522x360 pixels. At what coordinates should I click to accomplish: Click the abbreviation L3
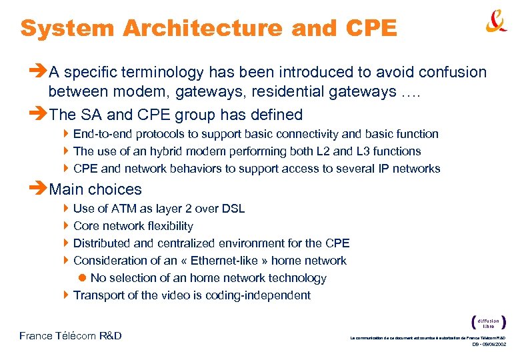pyautogui.click(x=364, y=151)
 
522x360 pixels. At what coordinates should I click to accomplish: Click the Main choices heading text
pyautogui.click(x=95, y=189)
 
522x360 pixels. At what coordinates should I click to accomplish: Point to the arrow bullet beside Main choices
pyautogui.click(x=39, y=189)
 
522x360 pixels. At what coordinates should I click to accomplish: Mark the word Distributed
pyautogui.click(x=101, y=243)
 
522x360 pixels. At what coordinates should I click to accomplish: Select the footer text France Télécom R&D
pyautogui.click(x=71, y=335)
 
